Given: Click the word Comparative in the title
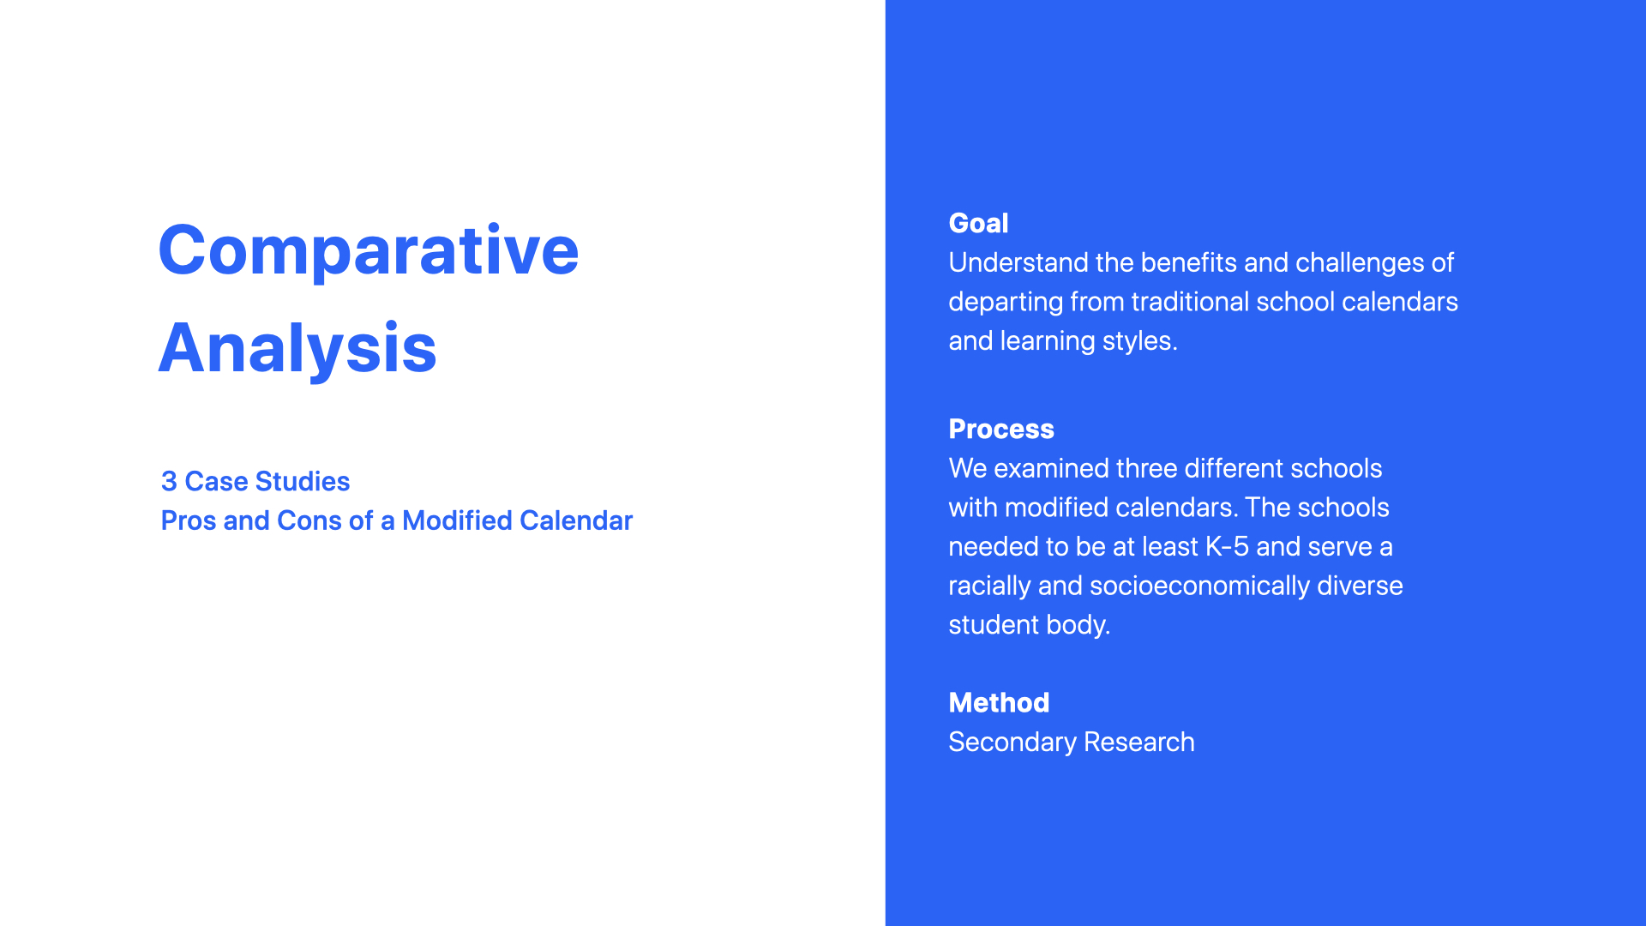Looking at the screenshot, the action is pyautogui.click(x=369, y=251).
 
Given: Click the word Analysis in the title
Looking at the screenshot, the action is pyautogui.click(x=297, y=349).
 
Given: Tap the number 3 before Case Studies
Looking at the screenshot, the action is pyautogui.click(x=169, y=482).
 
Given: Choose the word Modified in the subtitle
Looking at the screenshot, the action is pyautogui.click(x=457, y=520).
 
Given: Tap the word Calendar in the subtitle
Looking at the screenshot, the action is pyautogui.click(x=576, y=520).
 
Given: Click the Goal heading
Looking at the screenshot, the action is pyautogui.click(x=978, y=223).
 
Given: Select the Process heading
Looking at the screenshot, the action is pyautogui.click(x=1001, y=429).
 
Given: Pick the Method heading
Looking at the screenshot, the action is pyautogui.click(x=999, y=702).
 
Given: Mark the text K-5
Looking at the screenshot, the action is pyautogui.click(x=1227, y=547).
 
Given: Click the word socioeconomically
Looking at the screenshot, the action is pyautogui.click(x=1200, y=586).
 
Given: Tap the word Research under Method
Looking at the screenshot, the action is pyautogui.click(x=1139, y=742).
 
